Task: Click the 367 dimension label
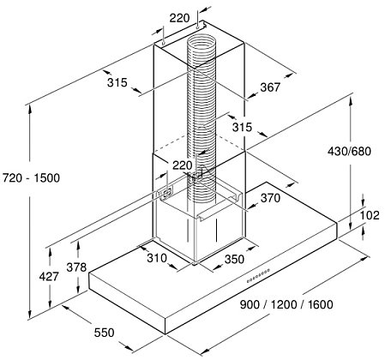(x=270, y=87)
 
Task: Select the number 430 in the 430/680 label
(x=338, y=151)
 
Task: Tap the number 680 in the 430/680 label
(x=361, y=151)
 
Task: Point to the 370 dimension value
(x=270, y=198)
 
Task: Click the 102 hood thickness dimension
(x=370, y=215)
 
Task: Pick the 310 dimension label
(x=157, y=258)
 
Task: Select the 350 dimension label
(x=234, y=259)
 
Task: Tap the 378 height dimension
(x=76, y=267)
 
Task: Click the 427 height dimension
(x=49, y=276)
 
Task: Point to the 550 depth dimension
(x=105, y=333)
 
